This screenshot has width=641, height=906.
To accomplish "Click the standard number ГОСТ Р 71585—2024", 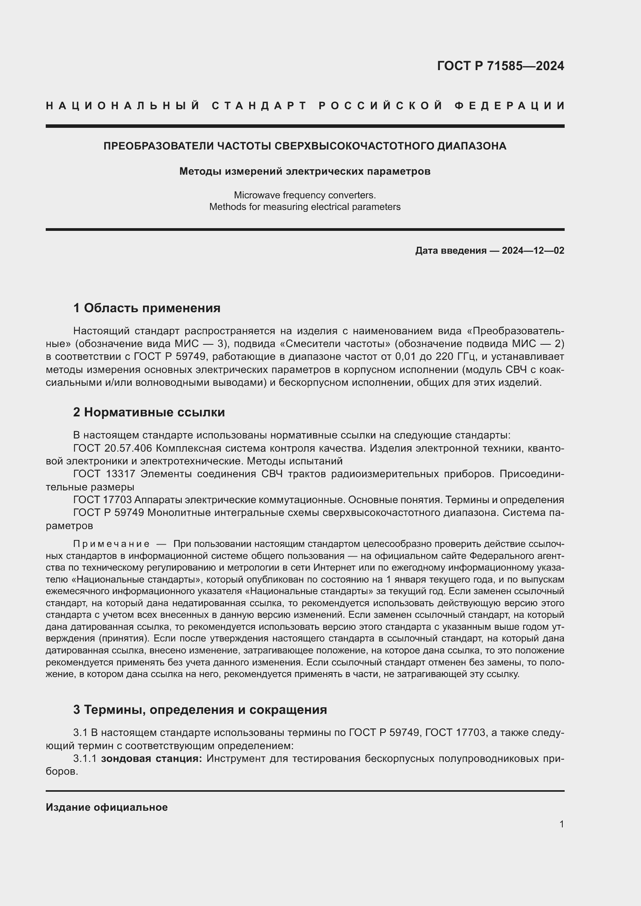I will click(500, 66).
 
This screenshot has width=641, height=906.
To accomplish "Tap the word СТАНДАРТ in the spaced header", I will click(259, 106).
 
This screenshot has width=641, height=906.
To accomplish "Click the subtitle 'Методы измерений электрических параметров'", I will click(305, 171).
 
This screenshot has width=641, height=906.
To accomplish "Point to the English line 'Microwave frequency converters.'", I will click(305, 195).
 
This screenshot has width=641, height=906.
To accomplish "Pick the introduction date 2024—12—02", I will click(533, 251).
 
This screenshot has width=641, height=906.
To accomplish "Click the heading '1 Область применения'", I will click(147, 308).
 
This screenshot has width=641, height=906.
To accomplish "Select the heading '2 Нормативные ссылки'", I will click(149, 412).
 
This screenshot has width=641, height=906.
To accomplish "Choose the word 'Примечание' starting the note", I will click(111, 544).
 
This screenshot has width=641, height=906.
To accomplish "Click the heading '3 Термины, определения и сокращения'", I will click(200, 710).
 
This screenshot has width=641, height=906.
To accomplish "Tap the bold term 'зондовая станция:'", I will click(152, 759).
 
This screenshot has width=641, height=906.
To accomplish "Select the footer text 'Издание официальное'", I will click(107, 807).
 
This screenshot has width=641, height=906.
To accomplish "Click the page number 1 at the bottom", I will click(562, 824).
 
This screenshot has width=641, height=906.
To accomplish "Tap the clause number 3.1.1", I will click(85, 759).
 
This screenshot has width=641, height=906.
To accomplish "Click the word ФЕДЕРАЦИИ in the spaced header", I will click(510, 106).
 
